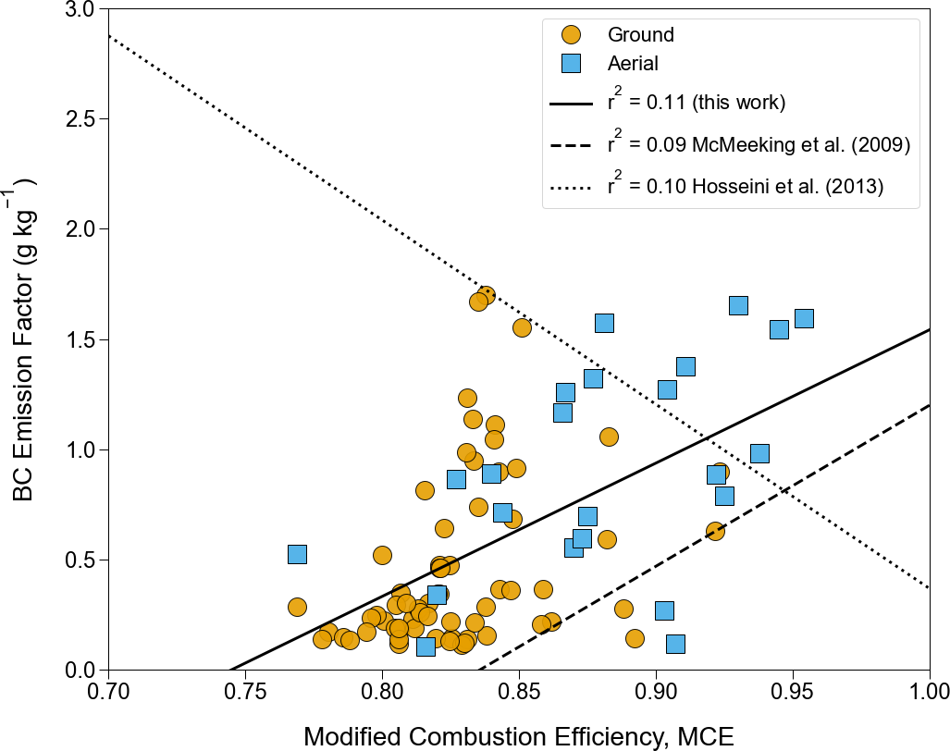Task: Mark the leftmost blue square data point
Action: (297, 554)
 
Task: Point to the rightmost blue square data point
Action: (804, 318)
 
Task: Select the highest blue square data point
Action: (738, 305)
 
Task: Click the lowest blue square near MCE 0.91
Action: (675, 644)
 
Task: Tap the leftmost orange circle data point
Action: (297, 607)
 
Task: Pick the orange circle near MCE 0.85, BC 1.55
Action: (522, 327)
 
